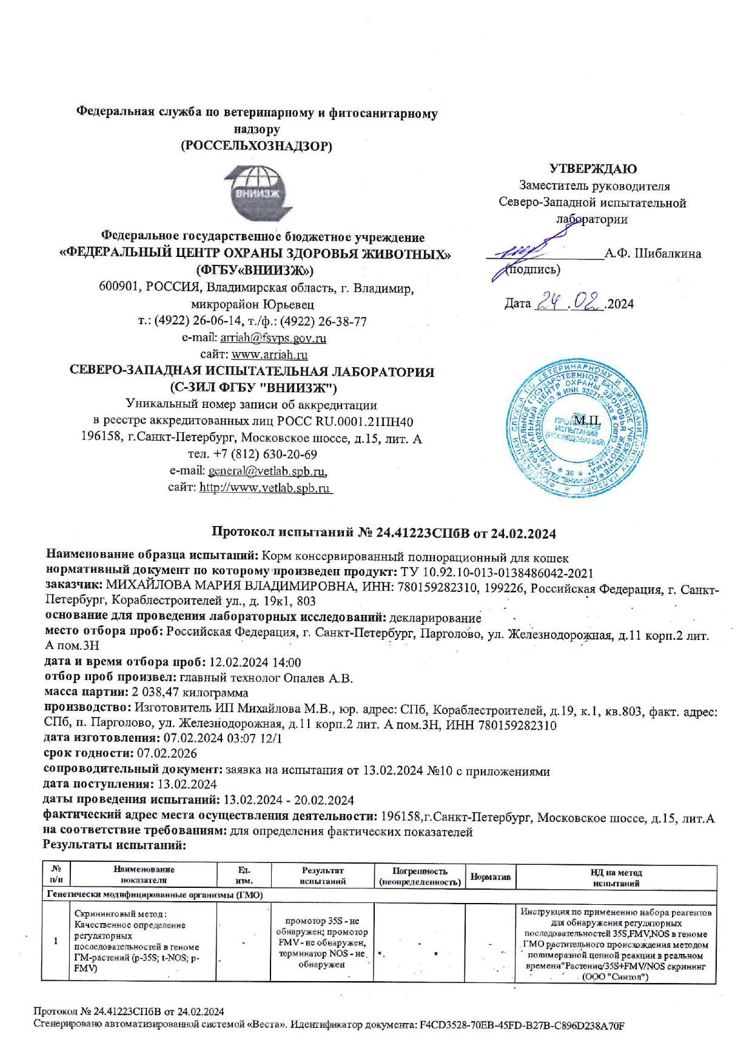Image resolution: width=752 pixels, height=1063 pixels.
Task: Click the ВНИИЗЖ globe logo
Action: pos(257,193)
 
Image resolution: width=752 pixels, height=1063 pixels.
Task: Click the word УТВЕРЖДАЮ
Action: pos(593,169)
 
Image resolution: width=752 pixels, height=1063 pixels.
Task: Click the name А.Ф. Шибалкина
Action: pos(653,254)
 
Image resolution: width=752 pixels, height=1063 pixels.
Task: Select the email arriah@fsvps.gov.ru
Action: pos(273,338)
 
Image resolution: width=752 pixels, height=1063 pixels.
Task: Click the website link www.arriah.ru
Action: pos(269,355)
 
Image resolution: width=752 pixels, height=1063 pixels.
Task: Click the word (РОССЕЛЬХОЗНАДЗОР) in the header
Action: pos(257,146)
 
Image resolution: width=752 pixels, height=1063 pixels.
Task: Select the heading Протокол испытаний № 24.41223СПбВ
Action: pos(340,533)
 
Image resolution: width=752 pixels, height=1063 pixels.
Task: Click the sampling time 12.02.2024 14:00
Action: pos(255,662)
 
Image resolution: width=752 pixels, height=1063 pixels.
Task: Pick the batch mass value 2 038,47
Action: pos(155,693)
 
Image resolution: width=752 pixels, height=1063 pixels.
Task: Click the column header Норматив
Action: pos(491,877)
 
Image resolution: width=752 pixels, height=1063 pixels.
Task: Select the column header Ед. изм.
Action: pos(244,876)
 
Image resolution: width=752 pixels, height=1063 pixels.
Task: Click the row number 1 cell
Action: pos(56,941)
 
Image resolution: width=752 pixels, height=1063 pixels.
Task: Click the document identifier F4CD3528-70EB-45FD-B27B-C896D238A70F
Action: pos(522,1025)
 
